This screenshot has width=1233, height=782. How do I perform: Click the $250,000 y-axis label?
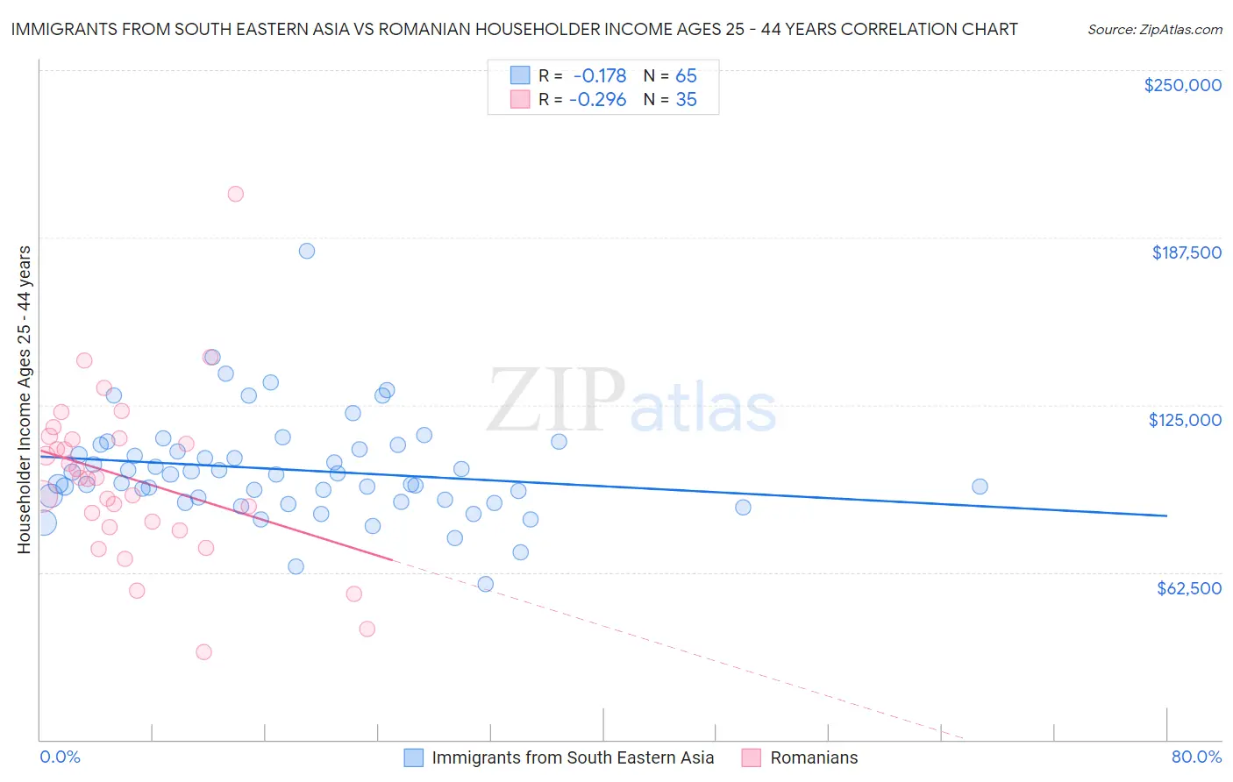(1182, 85)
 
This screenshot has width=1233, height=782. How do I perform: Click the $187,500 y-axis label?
(1186, 252)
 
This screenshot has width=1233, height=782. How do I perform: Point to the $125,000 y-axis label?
(1185, 420)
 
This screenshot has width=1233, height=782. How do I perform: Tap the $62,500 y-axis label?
(1188, 588)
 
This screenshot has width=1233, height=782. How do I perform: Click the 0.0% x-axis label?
(60, 757)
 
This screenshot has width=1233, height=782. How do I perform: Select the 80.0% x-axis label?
(1196, 757)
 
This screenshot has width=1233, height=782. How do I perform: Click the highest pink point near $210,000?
(235, 194)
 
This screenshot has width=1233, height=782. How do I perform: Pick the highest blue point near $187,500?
(307, 251)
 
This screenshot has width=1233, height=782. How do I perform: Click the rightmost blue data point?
(980, 487)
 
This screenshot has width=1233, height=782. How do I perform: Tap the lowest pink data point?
(203, 651)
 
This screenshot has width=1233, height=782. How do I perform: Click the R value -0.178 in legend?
(600, 75)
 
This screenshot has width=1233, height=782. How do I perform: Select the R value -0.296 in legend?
(597, 100)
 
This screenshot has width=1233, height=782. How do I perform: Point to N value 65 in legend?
(686, 75)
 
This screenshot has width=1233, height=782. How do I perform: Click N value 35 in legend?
(686, 100)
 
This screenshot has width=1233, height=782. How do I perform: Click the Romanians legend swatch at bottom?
(751, 757)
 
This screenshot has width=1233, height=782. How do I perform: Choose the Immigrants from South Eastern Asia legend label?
(573, 757)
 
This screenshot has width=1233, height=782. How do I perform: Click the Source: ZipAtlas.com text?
(1154, 30)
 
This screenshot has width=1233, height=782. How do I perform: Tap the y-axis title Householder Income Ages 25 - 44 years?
(24, 400)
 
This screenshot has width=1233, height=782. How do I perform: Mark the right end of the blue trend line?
(1166, 515)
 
